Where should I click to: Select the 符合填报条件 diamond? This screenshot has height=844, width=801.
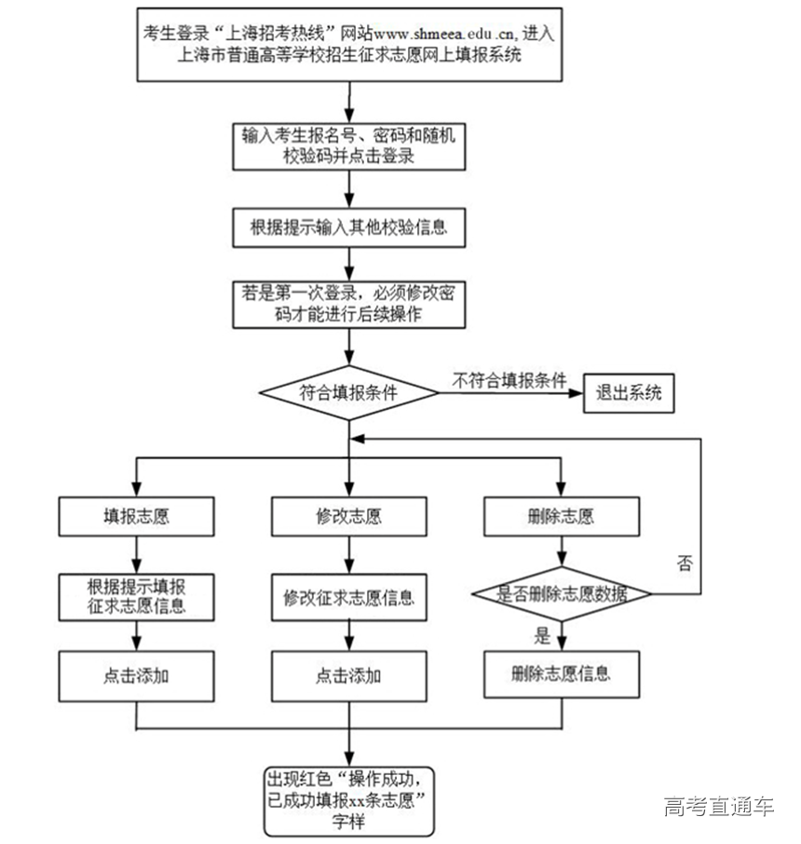(348, 392)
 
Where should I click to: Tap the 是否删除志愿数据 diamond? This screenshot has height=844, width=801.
(561, 594)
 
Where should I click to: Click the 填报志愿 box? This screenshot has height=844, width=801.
(137, 515)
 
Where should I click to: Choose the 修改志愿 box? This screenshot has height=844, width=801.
(348, 515)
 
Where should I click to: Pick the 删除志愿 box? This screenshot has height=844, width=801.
(561, 515)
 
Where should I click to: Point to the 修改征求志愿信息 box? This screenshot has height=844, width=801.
(348, 598)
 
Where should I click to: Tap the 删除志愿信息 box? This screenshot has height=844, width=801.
(561, 673)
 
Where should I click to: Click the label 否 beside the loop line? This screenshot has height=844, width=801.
(685, 564)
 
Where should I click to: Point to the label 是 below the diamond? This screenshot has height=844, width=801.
(542, 637)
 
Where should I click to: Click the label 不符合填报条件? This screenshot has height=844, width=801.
(509, 380)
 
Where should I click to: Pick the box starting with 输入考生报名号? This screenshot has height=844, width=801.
(348, 146)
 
